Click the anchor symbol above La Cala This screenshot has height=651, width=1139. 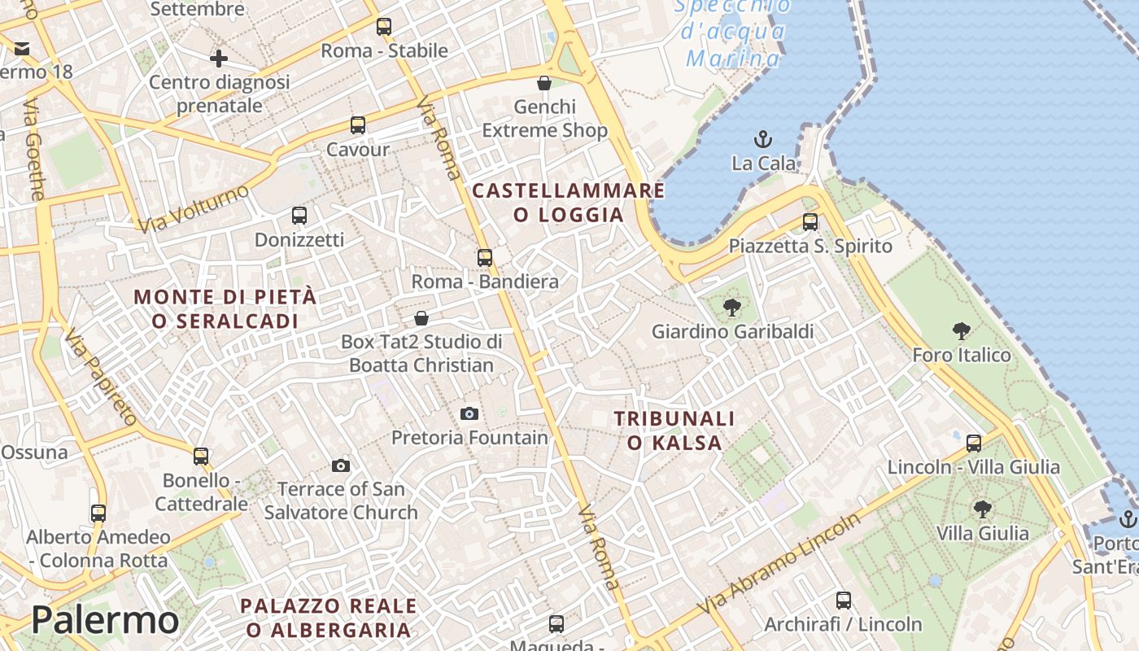763,139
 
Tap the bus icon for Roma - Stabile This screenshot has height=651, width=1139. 384,27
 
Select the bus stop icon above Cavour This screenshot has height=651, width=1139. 358,125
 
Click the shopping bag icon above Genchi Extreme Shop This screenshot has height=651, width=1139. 544,83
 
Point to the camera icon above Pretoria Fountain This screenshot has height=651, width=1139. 469,413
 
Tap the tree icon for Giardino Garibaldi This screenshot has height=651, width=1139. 732,308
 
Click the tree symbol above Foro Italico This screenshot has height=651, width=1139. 962,330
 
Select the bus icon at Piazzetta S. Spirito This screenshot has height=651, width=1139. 810,221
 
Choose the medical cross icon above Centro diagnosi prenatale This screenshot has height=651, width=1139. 218,59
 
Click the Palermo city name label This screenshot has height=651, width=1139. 105,620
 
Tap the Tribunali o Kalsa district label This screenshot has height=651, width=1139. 674,430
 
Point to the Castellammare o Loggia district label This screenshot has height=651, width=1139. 569,203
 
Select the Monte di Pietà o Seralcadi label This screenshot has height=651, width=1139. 225,308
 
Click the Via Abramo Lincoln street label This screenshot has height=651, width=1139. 779,564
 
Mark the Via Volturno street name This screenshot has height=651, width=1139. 194,208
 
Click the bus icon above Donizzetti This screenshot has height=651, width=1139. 299,216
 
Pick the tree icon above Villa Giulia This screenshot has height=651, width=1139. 983,509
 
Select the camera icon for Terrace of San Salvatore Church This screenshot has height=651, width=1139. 341,465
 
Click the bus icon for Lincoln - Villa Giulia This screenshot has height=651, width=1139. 974,443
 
